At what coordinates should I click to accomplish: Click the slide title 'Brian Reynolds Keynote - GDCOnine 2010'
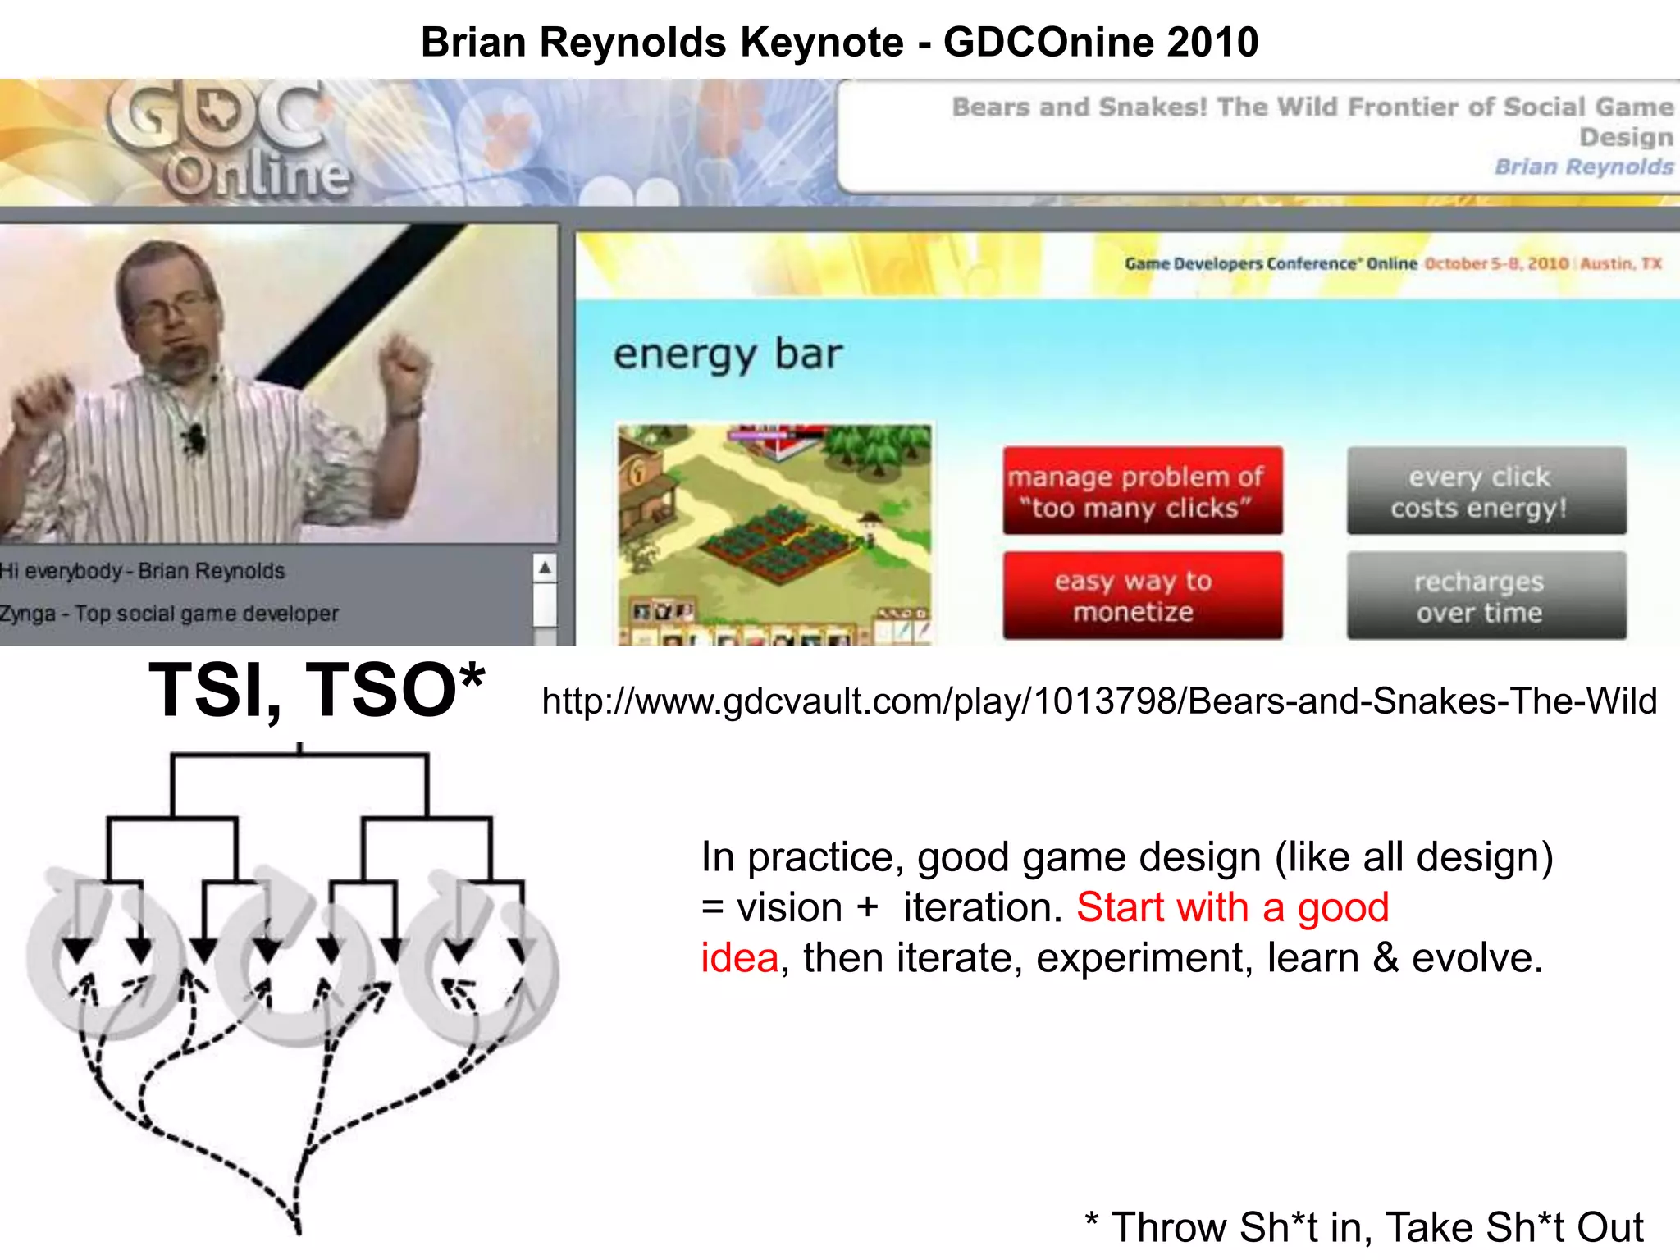(x=839, y=43)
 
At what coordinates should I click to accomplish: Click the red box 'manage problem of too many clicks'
(x=1142, y=491)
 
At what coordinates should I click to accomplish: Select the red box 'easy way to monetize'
(x=1142, y=596)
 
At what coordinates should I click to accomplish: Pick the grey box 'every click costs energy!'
(x=1486, y=491)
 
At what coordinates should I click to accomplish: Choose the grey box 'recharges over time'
(x=1486, y=596)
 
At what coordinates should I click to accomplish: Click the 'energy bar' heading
(x=728, y=355)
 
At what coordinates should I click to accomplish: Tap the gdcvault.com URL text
(x=1099, y=701)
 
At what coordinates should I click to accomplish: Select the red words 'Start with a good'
(x=1232, y=907)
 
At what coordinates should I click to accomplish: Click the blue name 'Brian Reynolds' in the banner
(x=1583, y=167)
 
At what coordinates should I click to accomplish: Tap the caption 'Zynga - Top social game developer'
(x=169, y=614)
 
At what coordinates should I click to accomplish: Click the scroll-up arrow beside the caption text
(x=545, y=568)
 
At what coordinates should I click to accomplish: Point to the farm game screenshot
(x=774, y=533)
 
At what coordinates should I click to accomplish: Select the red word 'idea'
(x=739, y=958)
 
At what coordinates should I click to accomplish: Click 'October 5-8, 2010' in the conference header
(x=1496, y=263)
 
